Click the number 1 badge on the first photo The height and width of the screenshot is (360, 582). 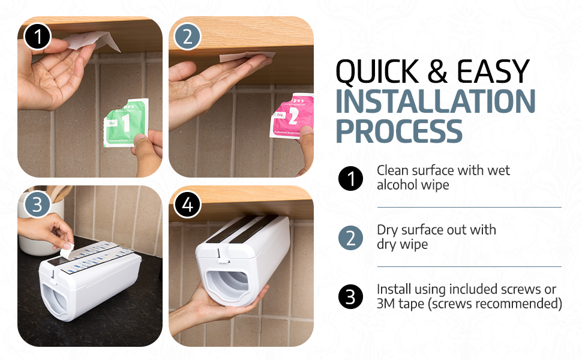tap(38, 37)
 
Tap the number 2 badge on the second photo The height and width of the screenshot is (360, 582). tap(188, 37)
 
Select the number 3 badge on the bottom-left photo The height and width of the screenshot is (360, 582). tap(38, 205)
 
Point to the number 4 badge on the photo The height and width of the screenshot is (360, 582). tap(188, 205)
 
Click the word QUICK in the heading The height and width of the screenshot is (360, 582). tap(376, 73)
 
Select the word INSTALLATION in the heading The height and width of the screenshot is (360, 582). tap(435, 101)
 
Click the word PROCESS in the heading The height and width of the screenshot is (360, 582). tap(398, 130)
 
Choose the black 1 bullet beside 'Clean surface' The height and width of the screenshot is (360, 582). tap(350, 178)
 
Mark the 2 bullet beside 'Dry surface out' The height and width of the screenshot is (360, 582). tap(350, 237)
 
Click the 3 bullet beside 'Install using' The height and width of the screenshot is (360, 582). tap(350, 296)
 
